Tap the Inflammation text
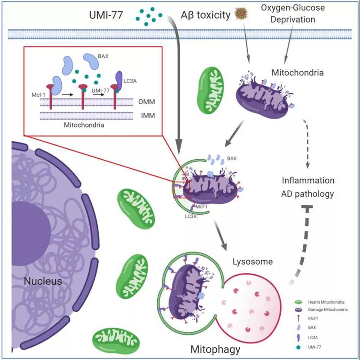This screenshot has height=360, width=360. tap(308, 181)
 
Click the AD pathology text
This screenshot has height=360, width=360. tap(308, 194)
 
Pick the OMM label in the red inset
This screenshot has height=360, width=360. tap(145, 103)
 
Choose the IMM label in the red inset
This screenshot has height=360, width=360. tap(145, 116)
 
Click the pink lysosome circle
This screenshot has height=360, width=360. tap(249, 308)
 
